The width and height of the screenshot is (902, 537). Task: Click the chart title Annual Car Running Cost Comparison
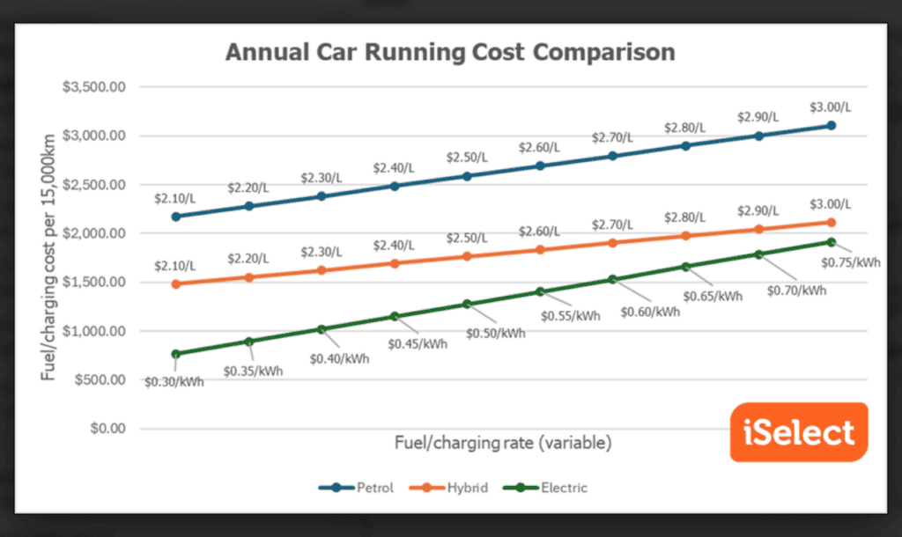point(450,52)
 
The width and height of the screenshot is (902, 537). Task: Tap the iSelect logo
point(799,432)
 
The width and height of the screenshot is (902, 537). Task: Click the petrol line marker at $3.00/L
point(831,126)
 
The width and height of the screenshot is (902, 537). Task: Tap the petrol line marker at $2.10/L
point(176,216)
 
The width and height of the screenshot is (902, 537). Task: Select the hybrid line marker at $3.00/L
point(831,223)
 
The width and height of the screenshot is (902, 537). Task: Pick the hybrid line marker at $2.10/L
point(176,283)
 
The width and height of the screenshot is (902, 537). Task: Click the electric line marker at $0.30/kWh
point(176,354)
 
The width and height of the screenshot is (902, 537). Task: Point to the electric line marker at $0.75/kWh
point(831,241)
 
